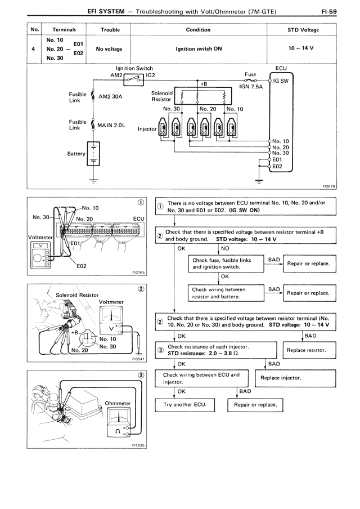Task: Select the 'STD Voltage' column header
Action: pyautogui.click(x=304, y=30)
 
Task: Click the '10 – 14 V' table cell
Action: pyautogui.click(x=304, y=48)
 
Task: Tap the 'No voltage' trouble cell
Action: pyautogui.click(x=109, y=49)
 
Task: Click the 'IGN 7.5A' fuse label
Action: pyautogui.click(x=251, y=87)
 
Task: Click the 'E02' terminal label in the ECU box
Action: pyautogui.click(x=277, y=166)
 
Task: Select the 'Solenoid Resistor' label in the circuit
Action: pyautogui.click(x=161, y=96)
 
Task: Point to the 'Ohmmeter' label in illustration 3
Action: pyautogui.click(x=118, y=403)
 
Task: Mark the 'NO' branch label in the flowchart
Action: pyautogui.click(x=226, y=247)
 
